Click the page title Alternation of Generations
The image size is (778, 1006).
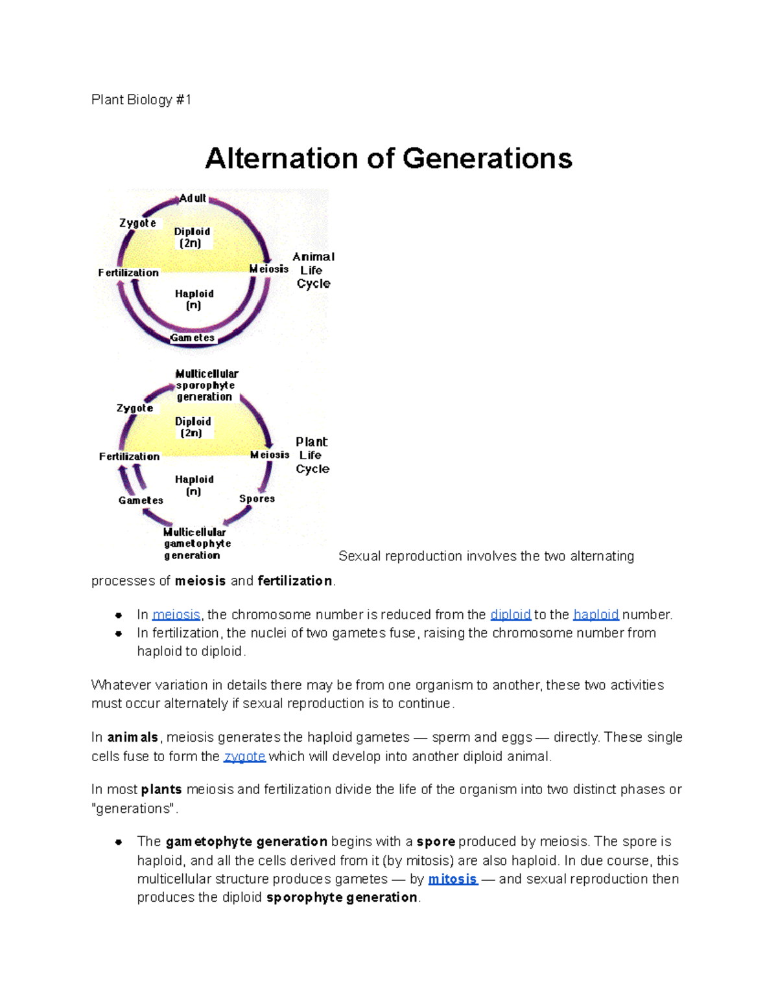[x=388, y=159]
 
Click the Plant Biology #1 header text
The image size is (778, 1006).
[x=141, y=100]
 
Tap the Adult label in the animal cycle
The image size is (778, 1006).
[x=193, y=198]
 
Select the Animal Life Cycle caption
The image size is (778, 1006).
[x=313, y=270]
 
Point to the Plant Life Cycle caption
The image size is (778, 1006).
[x=312, y=455]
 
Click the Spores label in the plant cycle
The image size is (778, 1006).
[x=257, y=499]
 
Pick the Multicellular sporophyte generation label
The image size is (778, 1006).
[x=206, y=385]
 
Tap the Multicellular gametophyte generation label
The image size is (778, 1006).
[x=196, y=543]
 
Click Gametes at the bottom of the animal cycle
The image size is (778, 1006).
[x=192, y=337]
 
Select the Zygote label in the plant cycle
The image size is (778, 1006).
[x=135, y=408]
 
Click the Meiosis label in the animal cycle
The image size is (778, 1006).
[x=268, y=269]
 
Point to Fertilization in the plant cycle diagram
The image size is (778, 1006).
[x=129, y=457]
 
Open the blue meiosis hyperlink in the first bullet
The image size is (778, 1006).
[x=176, y=615]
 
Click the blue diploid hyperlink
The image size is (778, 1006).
[x=510, y=615]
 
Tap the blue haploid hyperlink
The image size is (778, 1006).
[x=596, y=615]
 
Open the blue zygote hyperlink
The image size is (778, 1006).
[x=244, y=757]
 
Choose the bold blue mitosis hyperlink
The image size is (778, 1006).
[x=453, y=879]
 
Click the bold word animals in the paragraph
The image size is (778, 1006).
[x=132, y=738]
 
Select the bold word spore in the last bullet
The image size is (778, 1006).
[x=436, y=841]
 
